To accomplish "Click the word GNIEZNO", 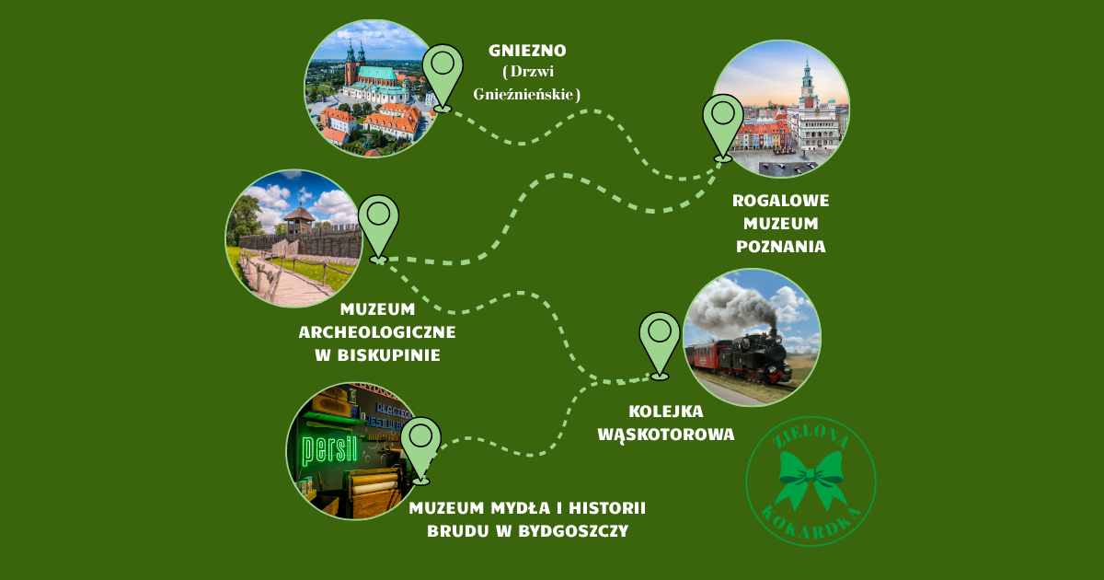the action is (x=527, y=51).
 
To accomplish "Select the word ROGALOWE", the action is (x=781, y=201).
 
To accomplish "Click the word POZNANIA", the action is (x=781, y=247).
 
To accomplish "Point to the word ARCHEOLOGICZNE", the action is (x=377, y=332).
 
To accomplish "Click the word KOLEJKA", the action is (x=666, y=412).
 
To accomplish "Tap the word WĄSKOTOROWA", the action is (x=666, y=435).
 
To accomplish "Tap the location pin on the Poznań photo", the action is (x=723, y=127).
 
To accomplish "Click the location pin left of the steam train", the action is (x=660, y=345).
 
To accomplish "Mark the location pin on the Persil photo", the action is (x=420, y=451).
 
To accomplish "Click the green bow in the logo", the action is (x=811, y=479).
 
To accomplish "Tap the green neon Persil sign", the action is (x=329, y=450).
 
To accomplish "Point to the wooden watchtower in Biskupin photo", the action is (x=299, y=219).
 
